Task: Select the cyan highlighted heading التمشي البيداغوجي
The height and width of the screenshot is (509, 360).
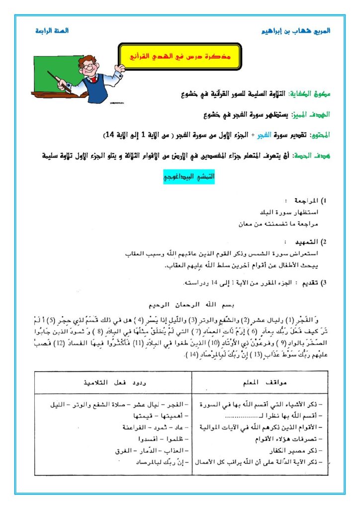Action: [x=189, y=176]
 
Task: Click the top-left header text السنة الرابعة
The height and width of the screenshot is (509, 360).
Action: [x=52, y=31]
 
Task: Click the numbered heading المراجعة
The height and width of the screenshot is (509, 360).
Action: [x=302, y=201]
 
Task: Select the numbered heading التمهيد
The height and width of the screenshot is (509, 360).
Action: [x=304, y=242]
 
